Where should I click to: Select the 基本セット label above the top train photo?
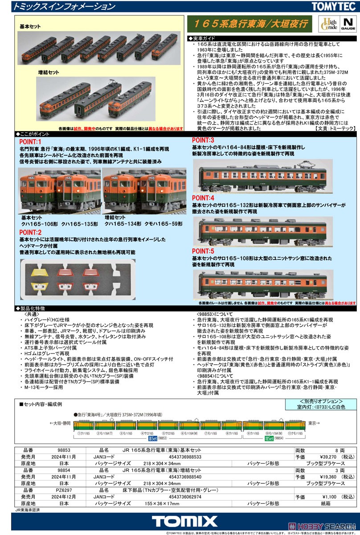(x=30, y=27)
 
